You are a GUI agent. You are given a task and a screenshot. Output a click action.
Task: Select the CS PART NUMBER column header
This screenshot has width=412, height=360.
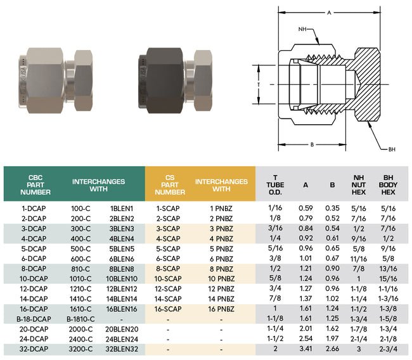[x=170, y=184]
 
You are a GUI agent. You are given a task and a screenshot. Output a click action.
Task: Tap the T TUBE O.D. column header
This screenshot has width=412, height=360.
[x=274, y=184]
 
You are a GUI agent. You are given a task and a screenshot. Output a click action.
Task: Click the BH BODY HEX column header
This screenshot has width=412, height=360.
[x=388, y=184]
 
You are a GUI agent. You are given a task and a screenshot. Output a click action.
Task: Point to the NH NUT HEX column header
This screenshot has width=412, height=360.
[x=359, y=184]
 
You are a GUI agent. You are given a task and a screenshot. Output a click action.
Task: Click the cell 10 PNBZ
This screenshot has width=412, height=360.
[x=221, y=279]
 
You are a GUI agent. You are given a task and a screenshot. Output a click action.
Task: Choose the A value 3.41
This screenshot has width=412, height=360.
[x=306, y=349]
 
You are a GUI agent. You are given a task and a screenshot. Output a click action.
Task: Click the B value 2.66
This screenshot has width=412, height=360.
[x=333, y=349]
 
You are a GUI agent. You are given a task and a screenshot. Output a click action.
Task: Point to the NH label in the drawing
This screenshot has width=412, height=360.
[x=302, y=29]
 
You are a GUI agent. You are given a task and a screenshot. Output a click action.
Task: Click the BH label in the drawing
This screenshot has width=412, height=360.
[x=392, y=150]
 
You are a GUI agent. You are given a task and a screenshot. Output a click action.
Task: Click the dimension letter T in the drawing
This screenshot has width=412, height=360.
[x=259, y=84]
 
